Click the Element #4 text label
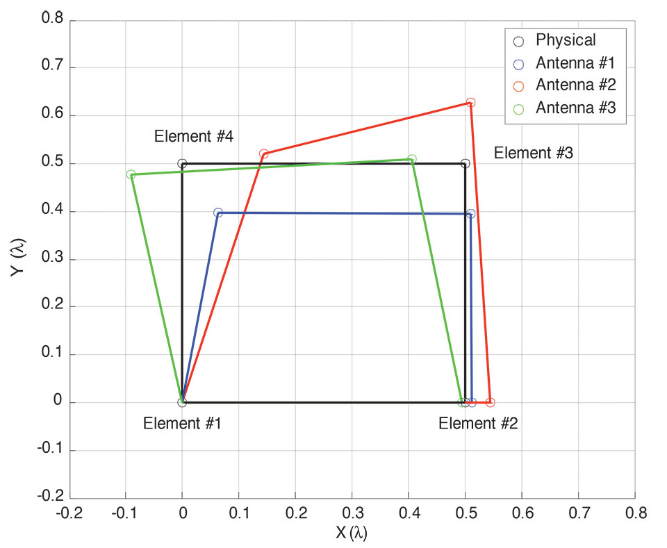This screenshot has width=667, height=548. pyautogui.click(x=193, y=137)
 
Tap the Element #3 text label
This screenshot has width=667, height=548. pyautogui.click(x=533, y=153)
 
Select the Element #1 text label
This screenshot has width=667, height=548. pyautogui.click(x=182, y=423)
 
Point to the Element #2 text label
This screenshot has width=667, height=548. pyautogui.click(x=478, y=423)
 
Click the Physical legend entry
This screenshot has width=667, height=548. pyautogui.click(x=566, y=40)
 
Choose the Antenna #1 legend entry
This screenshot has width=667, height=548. pyautogui.click(x=575, y=63)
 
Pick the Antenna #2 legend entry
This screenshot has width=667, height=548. pyautogui.click(x=575, y=85)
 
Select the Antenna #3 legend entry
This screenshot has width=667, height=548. pyautogui.click(x=575, y=108)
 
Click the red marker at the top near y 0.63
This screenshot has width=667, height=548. pyautogui.click(x=470, y=103)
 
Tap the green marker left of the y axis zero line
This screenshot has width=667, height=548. pyautogui.click(x=131, y=174)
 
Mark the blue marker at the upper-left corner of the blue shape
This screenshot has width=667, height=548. pyautogui.click(x=218, y=213)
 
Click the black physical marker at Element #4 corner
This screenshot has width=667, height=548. pyautogui.click(x=182, y=164)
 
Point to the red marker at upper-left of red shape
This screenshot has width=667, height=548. pyautogui.click(x=263, y=153)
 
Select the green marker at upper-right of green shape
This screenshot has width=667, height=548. pyautogui.click(x=412, y=159)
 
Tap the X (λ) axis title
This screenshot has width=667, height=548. pyautogui.click(x=351, y=533)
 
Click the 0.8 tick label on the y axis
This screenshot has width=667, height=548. pyautogui.click(x=53, y=20)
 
